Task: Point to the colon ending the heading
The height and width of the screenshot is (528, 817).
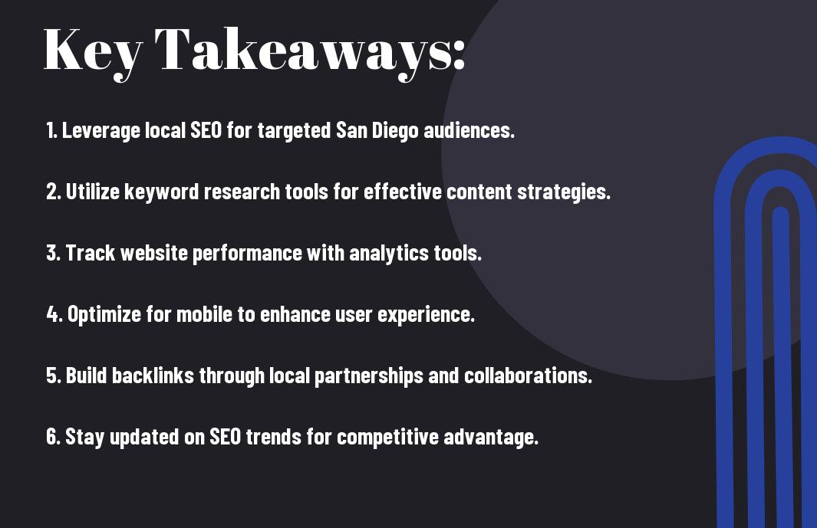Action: [458, 54]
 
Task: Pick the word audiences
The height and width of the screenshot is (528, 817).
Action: [469, 130]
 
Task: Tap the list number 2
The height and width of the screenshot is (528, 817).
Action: [53, 192]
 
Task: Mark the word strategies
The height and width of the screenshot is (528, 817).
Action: [564, 192]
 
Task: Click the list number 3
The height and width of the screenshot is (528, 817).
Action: [53, 253]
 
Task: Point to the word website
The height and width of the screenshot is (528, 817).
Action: [153, 253]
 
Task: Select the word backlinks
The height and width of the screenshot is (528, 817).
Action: [153, 376]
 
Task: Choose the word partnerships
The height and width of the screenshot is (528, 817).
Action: [369, 376]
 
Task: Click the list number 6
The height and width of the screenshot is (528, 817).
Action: [53, 436]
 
